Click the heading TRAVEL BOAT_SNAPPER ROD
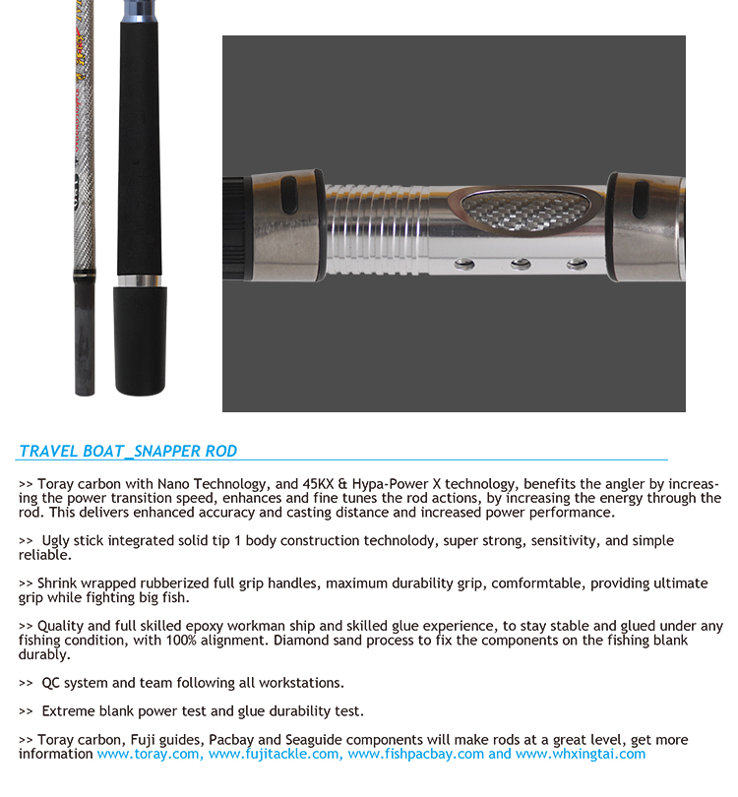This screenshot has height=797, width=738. pos(128,451)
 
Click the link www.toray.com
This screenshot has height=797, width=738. pos(150,754)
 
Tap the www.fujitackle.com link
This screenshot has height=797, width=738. pos(276,754)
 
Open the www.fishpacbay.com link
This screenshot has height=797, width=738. pos(415,754)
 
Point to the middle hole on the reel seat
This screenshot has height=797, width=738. pos(521,264)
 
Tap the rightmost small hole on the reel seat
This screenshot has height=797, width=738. pos(576,264)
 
